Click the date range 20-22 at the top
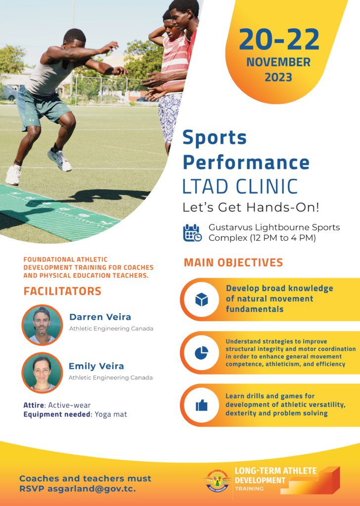pyautogui.click(x=279, y=40)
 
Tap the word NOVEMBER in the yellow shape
pyautogui.click(x=278, y=63)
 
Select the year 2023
pyautogui.click(x=278, y=78)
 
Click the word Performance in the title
pyautogui.click(x=246, y=162)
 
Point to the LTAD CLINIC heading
pyautogui.click(x=240, y=186)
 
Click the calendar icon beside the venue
pyautogui.click(x=192, y=233)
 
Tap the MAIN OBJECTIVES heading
pyautogui.click(x=233, y=262)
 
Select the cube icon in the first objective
pyautogui.click(x=201, y=299)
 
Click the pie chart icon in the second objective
pyautogui.click(x=201, y=353)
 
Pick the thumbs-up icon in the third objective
pyautogui.click(x=201, y=405)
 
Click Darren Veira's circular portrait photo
pyautogui.click(x=42, y=325)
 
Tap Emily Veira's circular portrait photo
pyautogui.click(x=42, y=372)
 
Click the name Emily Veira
pyautogui.click(x=96, y=366)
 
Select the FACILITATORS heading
pyautogui.click(x=62, y=291)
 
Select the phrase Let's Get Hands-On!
pyautogui.click(x=251, y=208)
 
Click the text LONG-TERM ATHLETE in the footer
pyautogui.click(x=275, y=470)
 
